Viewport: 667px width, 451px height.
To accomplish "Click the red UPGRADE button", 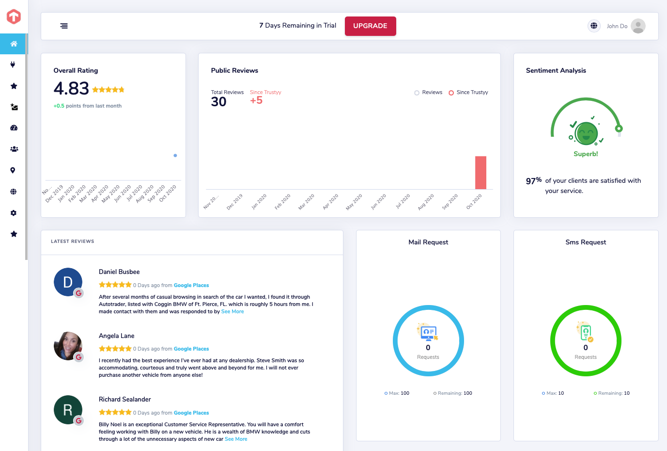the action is coord(370,26).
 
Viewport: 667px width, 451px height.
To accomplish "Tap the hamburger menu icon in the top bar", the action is coord(64,26).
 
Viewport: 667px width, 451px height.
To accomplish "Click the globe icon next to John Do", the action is coord(594,26).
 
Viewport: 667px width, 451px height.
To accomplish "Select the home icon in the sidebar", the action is coord(14,44).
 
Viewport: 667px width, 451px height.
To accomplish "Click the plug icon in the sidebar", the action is coord(13,64).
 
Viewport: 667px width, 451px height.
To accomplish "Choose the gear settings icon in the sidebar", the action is coord(14,213).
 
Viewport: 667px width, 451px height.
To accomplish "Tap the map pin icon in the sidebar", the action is coord(13,170).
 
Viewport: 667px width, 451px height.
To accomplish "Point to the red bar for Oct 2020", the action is coord(481,173).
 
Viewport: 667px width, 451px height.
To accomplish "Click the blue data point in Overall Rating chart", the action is coord(175,155).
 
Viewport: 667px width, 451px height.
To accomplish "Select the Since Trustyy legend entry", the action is coord(468,93).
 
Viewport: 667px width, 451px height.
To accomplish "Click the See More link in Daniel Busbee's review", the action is coord(232,311).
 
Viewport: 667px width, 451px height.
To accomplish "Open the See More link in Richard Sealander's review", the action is coord(236,439).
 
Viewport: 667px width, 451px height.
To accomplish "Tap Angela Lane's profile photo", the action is coord(68,346).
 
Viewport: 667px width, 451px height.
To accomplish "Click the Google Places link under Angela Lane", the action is coord(191,349).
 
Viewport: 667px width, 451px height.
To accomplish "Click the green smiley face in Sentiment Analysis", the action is coord(586,133).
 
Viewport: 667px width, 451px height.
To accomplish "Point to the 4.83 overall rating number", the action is coord(71,89).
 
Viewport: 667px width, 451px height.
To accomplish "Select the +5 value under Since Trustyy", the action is coord(256,100).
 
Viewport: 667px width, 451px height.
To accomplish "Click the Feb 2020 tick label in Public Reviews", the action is coord(282,202).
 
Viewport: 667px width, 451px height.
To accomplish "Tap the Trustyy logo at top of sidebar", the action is coord(14,16).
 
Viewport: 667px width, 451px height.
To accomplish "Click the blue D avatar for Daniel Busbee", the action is coord(68,282).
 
